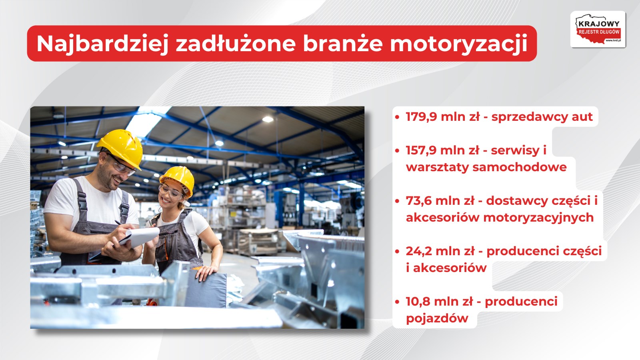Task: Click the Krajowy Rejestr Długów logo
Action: pos(598,30)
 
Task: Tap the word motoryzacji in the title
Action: pos(459,44)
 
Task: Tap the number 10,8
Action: pos(418,302)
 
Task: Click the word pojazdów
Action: pos(437,318)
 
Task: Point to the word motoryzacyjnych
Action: pos(538,218)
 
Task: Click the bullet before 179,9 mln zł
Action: pos(397,117)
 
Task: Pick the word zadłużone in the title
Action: pos(236,44)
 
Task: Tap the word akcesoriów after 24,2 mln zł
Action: pos(450,268)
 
